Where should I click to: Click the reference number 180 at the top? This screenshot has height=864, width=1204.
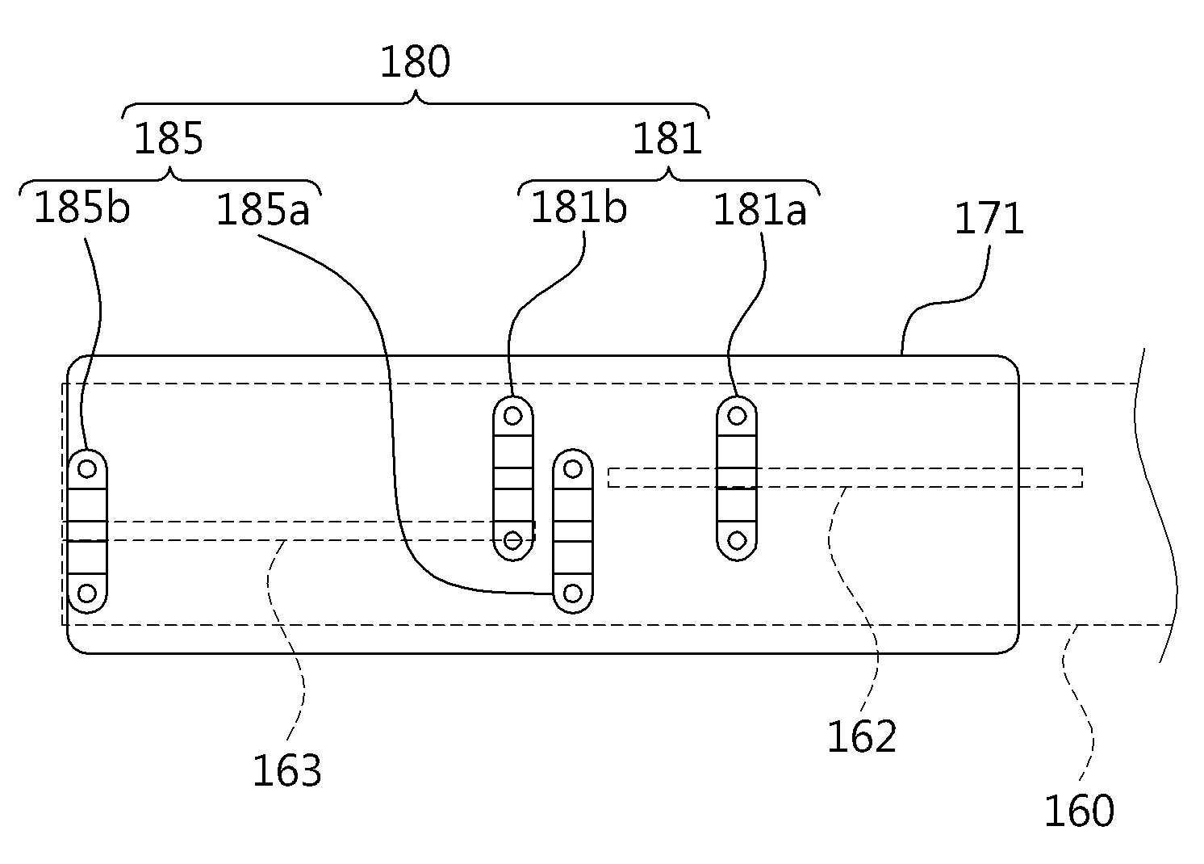coord(415,62)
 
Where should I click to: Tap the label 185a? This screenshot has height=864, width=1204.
coord(263,209)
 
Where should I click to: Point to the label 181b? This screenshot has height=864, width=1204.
coord(579,208)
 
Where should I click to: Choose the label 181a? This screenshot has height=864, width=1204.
coord(760,209)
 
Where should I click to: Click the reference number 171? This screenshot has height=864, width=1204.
coord(989,218)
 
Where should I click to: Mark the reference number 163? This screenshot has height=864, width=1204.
coord(287,770)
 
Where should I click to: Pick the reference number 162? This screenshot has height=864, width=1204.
coord(862,736)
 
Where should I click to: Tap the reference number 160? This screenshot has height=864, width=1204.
coord(1079,810)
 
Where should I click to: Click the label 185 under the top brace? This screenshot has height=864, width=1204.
coord(168,138)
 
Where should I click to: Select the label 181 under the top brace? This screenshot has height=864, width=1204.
coord(667,138)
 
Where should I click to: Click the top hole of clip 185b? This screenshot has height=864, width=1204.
coord(87,469)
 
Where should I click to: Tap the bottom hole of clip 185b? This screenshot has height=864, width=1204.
coord(87,593)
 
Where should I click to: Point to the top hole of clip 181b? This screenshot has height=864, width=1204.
coord(512,415)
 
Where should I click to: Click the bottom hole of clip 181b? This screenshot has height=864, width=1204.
coord(512,540)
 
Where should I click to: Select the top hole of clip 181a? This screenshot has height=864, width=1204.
coord(737,415)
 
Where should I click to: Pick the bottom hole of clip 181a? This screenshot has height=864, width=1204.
coord(737,540)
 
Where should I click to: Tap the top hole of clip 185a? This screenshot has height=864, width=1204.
coord(573,469)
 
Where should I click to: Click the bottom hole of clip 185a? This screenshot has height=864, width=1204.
coord(573,593)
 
